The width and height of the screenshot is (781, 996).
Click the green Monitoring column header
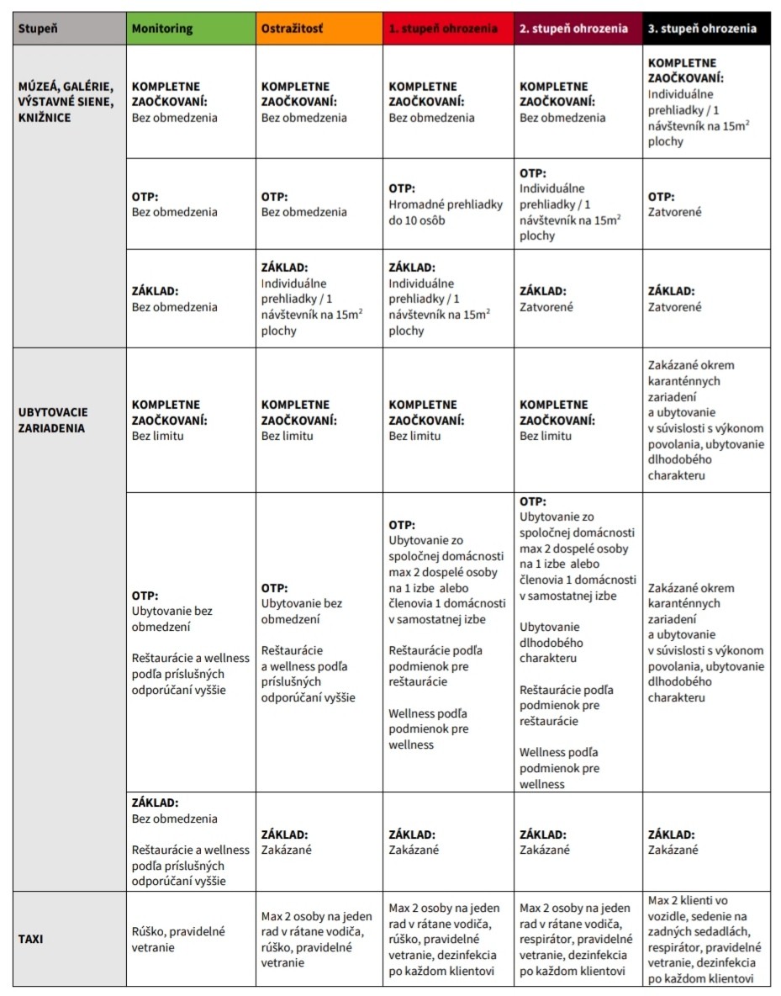(x=191, y=28)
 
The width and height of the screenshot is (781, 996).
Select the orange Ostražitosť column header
(x=319, y=28)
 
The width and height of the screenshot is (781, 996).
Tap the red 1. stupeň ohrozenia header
(x=448, y=28)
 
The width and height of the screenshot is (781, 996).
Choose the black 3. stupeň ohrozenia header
(x=706, y=28)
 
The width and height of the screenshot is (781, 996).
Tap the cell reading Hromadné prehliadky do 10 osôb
(x=448, y=204)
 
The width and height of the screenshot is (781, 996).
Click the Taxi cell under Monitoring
(x=191, y=939)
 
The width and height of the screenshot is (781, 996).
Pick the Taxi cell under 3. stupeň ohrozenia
(x=706, y=939)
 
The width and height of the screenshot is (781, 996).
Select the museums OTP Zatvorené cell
(x=706, y=204)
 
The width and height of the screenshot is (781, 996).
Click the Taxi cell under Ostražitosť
(x=319, y=939)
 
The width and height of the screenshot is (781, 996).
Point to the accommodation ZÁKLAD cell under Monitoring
(x=191, y=842)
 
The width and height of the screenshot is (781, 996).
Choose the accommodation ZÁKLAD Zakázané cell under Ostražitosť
(x=319, y=842)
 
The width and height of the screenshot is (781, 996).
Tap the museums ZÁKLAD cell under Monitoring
(x=191, y=299)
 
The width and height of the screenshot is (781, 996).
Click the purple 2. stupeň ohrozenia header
(x=578, y=28)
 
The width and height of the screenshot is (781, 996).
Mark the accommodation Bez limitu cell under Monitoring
(x=191, y=420)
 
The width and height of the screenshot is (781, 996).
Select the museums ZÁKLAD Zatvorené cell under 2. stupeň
(x=578, y=299)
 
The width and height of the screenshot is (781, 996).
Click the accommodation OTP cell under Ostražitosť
(x=319, y=642)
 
